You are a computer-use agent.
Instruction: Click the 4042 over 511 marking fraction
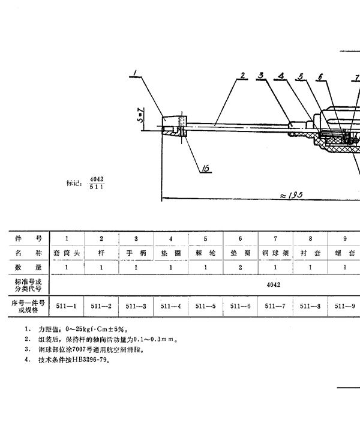click(x=97, y=182)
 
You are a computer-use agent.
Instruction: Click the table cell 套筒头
click(x=66, y=253)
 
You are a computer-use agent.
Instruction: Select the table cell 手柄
click(x=136, y=253)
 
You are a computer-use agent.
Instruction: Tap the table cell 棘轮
click(x=206, y=253)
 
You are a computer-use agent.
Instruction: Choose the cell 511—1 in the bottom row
click(x=66, y=306)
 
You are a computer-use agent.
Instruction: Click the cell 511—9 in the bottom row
click(x=345, y=306)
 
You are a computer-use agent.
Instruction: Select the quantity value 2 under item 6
click(x=241, y=267)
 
